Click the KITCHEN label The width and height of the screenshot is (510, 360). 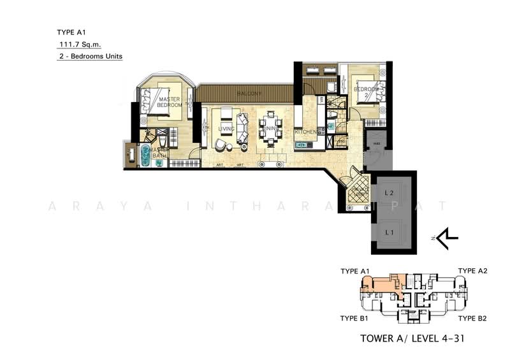305,131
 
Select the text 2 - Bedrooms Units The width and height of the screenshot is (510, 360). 89,57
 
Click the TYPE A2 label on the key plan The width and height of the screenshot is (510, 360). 472,271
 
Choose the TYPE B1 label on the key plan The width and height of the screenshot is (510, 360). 354,318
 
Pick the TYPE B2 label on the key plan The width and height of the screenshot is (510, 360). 472,318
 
